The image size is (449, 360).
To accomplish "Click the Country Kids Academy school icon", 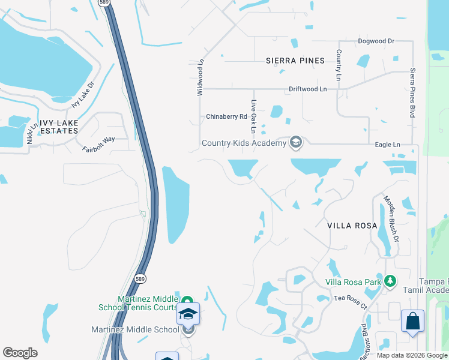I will coord(295,143).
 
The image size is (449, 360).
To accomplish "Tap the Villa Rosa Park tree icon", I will coord(391,281).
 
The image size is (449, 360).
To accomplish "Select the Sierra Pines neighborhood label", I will coord(295,61).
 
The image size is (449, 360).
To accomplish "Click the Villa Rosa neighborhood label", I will coord(352,226).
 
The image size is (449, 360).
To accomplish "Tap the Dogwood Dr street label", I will coord(376,41).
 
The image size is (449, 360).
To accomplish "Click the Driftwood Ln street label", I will coord(307,89).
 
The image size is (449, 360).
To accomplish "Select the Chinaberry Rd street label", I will coord(227,116).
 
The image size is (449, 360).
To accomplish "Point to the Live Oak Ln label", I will coord(253,116).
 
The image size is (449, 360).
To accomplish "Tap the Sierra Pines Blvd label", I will coord(413,93).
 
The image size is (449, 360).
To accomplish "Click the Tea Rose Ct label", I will coord(350,302).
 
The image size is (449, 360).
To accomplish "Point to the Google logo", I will coord(20,353).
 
